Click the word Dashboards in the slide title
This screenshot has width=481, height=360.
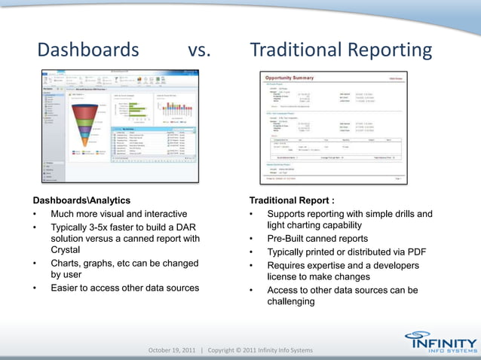pyautogui.click(x=88, y=50)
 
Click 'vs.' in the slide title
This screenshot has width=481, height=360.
pyautogui.click(x=199, y=50)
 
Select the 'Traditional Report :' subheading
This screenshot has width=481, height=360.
pyautogui.click(x=292, y=201)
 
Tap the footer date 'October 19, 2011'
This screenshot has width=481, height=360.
pyautogui.click(x=171, y=350)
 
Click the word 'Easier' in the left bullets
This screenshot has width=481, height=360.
pyautogui.click(x=68, y=287)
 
